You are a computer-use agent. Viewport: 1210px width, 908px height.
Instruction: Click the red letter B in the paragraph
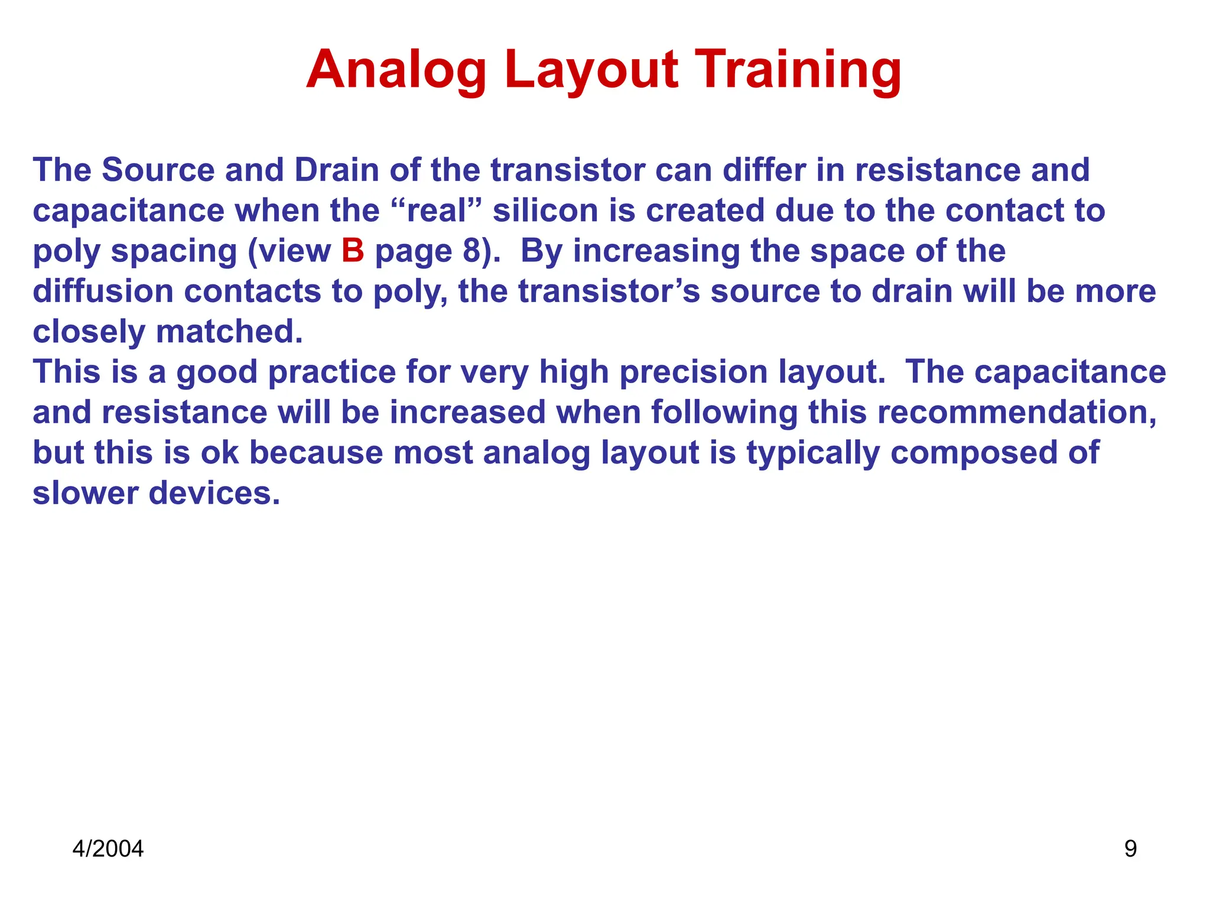(352, 251)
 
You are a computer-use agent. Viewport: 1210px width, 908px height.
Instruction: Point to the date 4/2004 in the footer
(108, 849)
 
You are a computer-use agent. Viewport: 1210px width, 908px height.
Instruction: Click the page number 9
(1130, 849)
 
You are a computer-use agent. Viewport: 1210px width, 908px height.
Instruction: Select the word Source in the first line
(158, 170)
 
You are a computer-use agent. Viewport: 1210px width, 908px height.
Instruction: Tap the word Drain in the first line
(336, 170)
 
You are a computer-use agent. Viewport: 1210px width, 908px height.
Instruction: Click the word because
(316, 453)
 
